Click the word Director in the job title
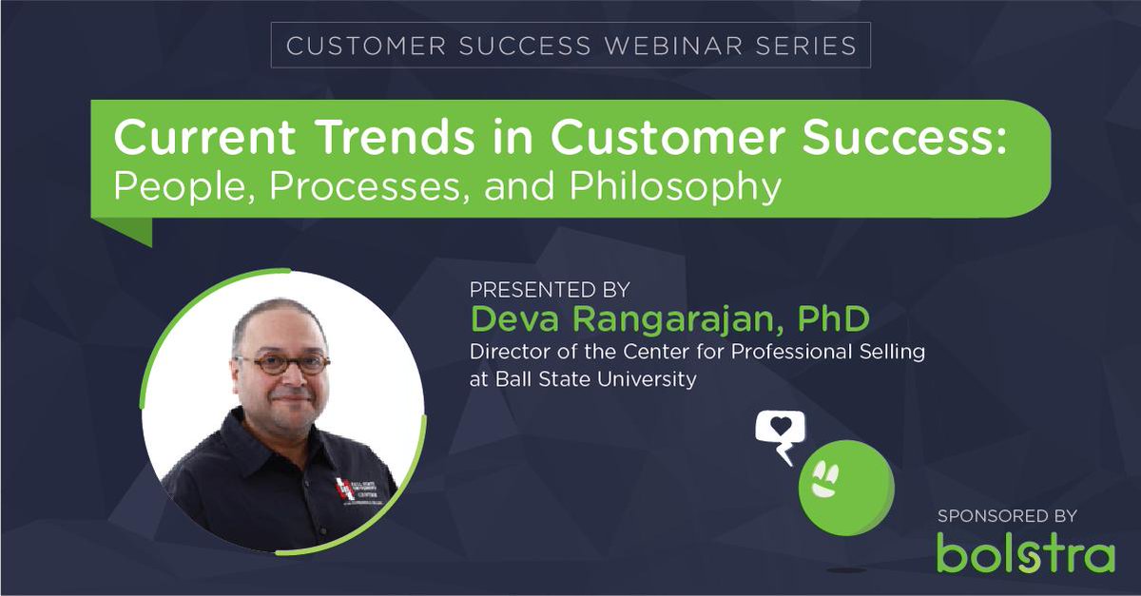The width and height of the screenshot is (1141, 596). click(509, 353)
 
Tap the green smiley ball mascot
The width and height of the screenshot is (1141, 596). click(844, 482)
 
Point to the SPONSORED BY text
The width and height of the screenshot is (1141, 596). click(1006, 516)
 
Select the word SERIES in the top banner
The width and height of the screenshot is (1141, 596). click(810, 46)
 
